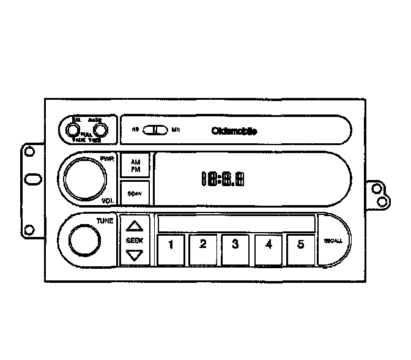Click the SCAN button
135,193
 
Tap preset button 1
171,246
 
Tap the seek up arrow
134,225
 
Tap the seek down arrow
134,255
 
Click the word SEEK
134,240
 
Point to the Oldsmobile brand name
234,130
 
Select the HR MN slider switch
157,130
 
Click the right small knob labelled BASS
100,130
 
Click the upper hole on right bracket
377,189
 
